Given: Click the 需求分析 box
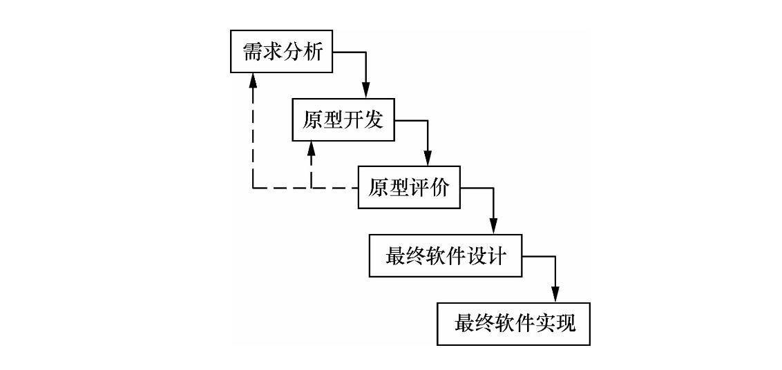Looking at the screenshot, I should (x=281, y=52).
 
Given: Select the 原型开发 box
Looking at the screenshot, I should (x=342, y=119).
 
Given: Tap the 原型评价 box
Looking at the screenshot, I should (x=408, y=187).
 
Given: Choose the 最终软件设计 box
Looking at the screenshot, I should (x=446, y=255).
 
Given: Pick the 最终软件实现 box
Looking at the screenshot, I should (x=515, y=323).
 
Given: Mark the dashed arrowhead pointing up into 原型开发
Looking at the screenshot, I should (x=312, y=148).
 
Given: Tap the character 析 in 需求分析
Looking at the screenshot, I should (x=312, y=52).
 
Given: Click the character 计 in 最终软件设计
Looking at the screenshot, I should (x=497, y=255).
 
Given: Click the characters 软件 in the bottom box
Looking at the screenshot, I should (x=515, y=323).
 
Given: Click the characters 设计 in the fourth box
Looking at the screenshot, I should (x=487, y=255).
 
